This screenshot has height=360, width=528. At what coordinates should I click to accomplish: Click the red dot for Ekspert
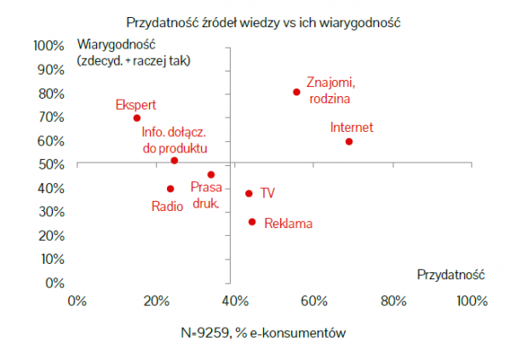pos(137,118)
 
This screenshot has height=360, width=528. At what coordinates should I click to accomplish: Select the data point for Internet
pos(349,141)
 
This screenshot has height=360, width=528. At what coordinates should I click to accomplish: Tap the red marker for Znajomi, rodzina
pos(296,92)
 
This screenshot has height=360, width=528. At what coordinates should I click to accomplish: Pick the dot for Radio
pos(170,189)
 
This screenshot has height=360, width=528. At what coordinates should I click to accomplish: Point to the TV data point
pos(249,193)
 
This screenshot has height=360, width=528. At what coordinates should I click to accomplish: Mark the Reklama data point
pos(252,222)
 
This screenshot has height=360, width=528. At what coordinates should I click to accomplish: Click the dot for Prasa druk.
pos(211,174)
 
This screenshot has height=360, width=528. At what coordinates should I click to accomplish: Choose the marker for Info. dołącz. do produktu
pos(175,160)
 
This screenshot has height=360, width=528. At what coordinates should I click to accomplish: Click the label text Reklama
pos(288,225)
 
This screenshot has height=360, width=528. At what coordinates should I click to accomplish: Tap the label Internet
pos(352,128)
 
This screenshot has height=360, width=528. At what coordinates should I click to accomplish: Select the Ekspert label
pos(135,105)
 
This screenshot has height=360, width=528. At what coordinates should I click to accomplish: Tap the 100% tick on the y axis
pos(49,45)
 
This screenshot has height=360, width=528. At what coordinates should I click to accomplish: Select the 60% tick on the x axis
pos(313,301)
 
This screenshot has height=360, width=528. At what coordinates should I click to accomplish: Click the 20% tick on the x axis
pos(156,301)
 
